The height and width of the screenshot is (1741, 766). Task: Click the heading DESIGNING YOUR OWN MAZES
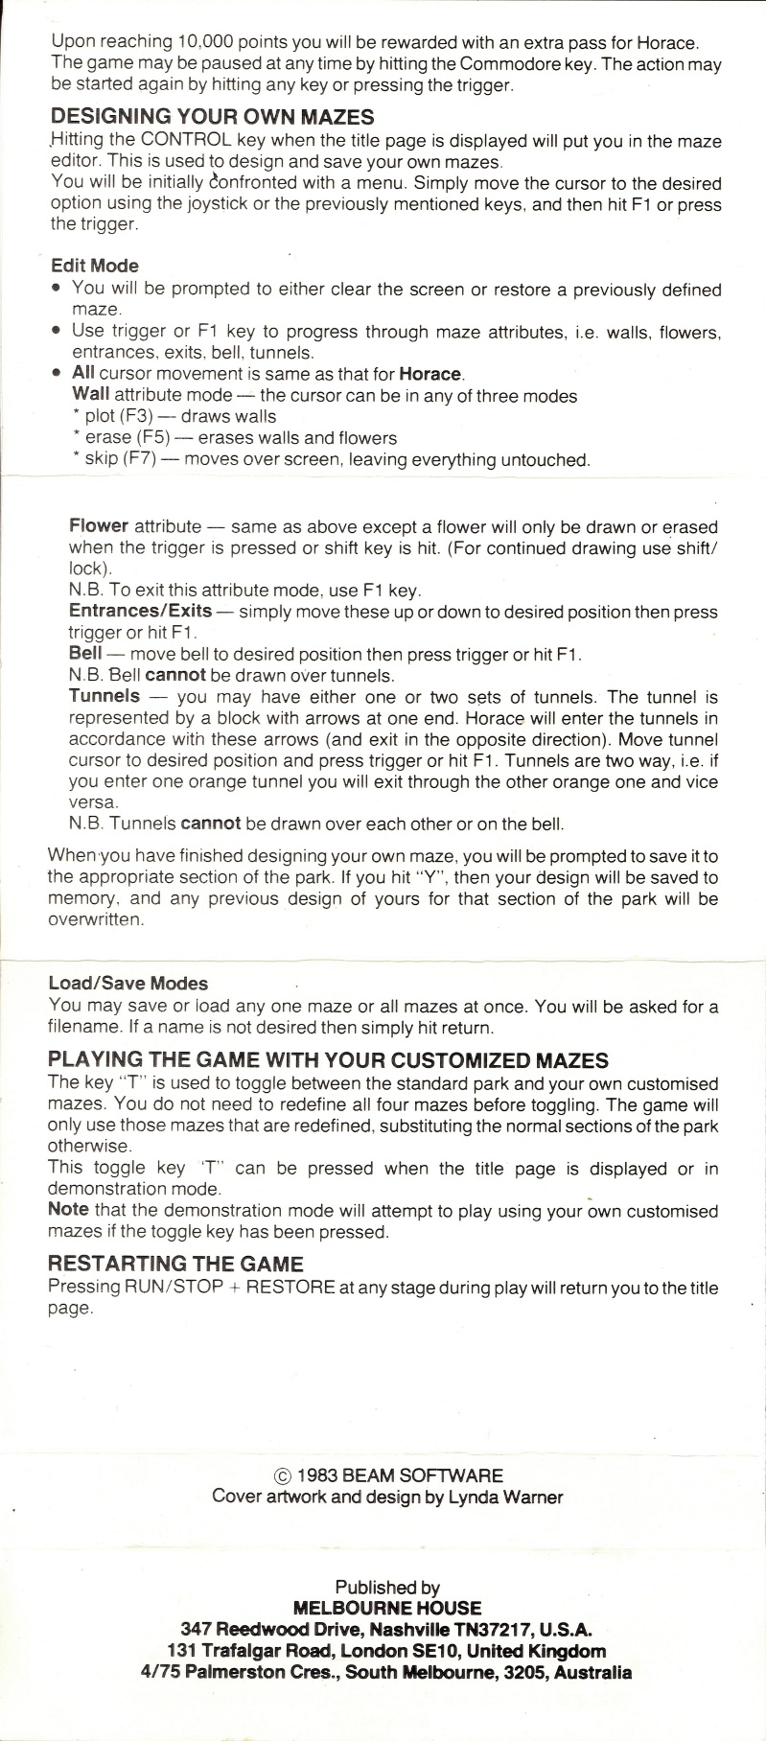point(212,117)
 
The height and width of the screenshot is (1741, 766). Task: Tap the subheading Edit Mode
point(94,266)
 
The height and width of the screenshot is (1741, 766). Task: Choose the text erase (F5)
point(133,438)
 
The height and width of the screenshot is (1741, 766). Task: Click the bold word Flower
point(98,526)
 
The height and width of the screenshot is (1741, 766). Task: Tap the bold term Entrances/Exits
point(140,611)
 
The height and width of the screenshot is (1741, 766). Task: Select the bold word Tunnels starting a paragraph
point(104,696)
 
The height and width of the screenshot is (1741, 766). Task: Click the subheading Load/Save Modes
point(128,983)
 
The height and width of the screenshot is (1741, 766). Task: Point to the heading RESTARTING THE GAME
point(174,1264)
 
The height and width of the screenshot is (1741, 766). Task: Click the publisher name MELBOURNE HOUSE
point(387,1608)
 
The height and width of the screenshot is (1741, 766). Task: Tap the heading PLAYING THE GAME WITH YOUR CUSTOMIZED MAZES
point(328,1060)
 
